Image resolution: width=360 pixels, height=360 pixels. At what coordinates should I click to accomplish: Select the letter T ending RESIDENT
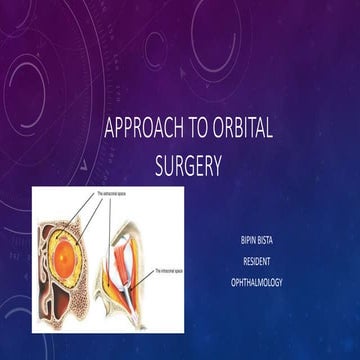(269, 262)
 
